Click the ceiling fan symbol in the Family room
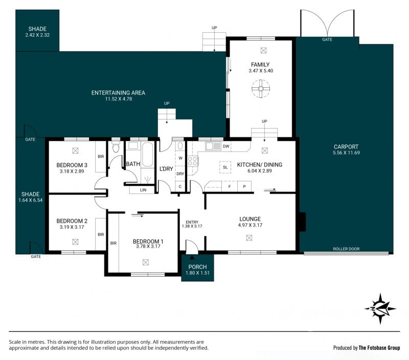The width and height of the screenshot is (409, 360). [x=261, y=89]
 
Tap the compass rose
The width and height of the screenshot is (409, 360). [x=380, y=309]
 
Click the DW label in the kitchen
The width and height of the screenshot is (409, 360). [x=226, y=147]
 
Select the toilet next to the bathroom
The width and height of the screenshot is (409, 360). [x=116, y=147]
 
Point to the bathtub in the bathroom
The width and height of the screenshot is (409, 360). [x=148, y=155]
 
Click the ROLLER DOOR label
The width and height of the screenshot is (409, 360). [x=346, y=249]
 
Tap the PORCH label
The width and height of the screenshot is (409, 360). [x=197, y=267]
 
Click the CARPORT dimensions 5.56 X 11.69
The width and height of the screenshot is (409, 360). [x=346, y=153]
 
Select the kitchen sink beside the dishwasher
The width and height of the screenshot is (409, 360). [x=213, y=146]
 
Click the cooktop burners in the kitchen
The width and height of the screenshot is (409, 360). [x=192, y=161]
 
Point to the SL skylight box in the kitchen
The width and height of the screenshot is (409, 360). [x=225, y=167]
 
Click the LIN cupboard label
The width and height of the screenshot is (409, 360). [x=143, y=190]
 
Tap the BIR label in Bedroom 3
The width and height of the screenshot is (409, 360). [x=101, y=157]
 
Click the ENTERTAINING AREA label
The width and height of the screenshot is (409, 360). [x=118, y=93]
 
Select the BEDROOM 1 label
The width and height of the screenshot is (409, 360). [x=148, y=242]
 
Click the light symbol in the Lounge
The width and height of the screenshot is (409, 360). [x=249, y=237]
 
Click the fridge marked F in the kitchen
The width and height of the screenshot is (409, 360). [x=230, y=186]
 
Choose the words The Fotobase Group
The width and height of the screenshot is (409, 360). [x=379, y=348]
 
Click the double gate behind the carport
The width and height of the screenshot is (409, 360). [x=327, y=23]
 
